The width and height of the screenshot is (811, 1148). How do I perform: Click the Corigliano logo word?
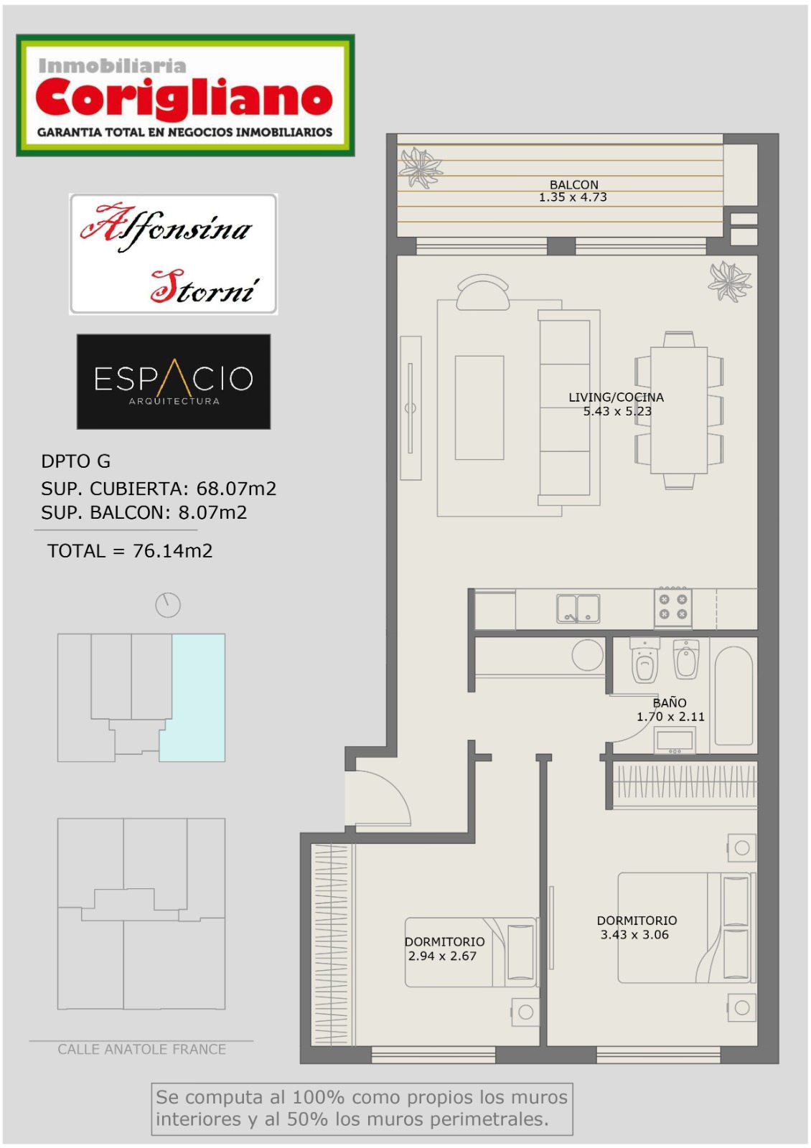(184, 98)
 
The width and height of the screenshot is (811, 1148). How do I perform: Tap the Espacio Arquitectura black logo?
(173, 381)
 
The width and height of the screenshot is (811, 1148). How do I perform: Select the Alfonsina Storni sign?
(173, 254)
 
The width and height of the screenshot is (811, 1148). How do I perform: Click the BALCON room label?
(573, 184)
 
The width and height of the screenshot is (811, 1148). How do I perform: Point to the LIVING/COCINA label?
(616, 397)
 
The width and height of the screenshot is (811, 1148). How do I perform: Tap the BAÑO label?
(670, 702)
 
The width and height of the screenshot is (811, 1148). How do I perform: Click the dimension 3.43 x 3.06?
(634, 934)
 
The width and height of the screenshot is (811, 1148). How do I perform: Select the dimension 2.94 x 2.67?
(442, 956)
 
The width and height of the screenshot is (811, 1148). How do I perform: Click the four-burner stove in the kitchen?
(672, 607)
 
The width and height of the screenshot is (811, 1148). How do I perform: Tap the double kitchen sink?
(578, 608)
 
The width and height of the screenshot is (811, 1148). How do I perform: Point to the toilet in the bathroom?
(644, 661)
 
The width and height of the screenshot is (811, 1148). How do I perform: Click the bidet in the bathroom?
(685, 659)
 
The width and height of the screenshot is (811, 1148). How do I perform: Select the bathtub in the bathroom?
(733, 695)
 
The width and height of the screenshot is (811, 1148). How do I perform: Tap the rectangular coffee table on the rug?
(479, 408)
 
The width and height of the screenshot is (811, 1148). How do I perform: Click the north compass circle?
(168, 606)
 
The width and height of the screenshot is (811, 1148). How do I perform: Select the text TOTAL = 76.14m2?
(130, 551)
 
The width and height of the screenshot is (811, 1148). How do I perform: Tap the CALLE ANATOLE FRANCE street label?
(141, 1049)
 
